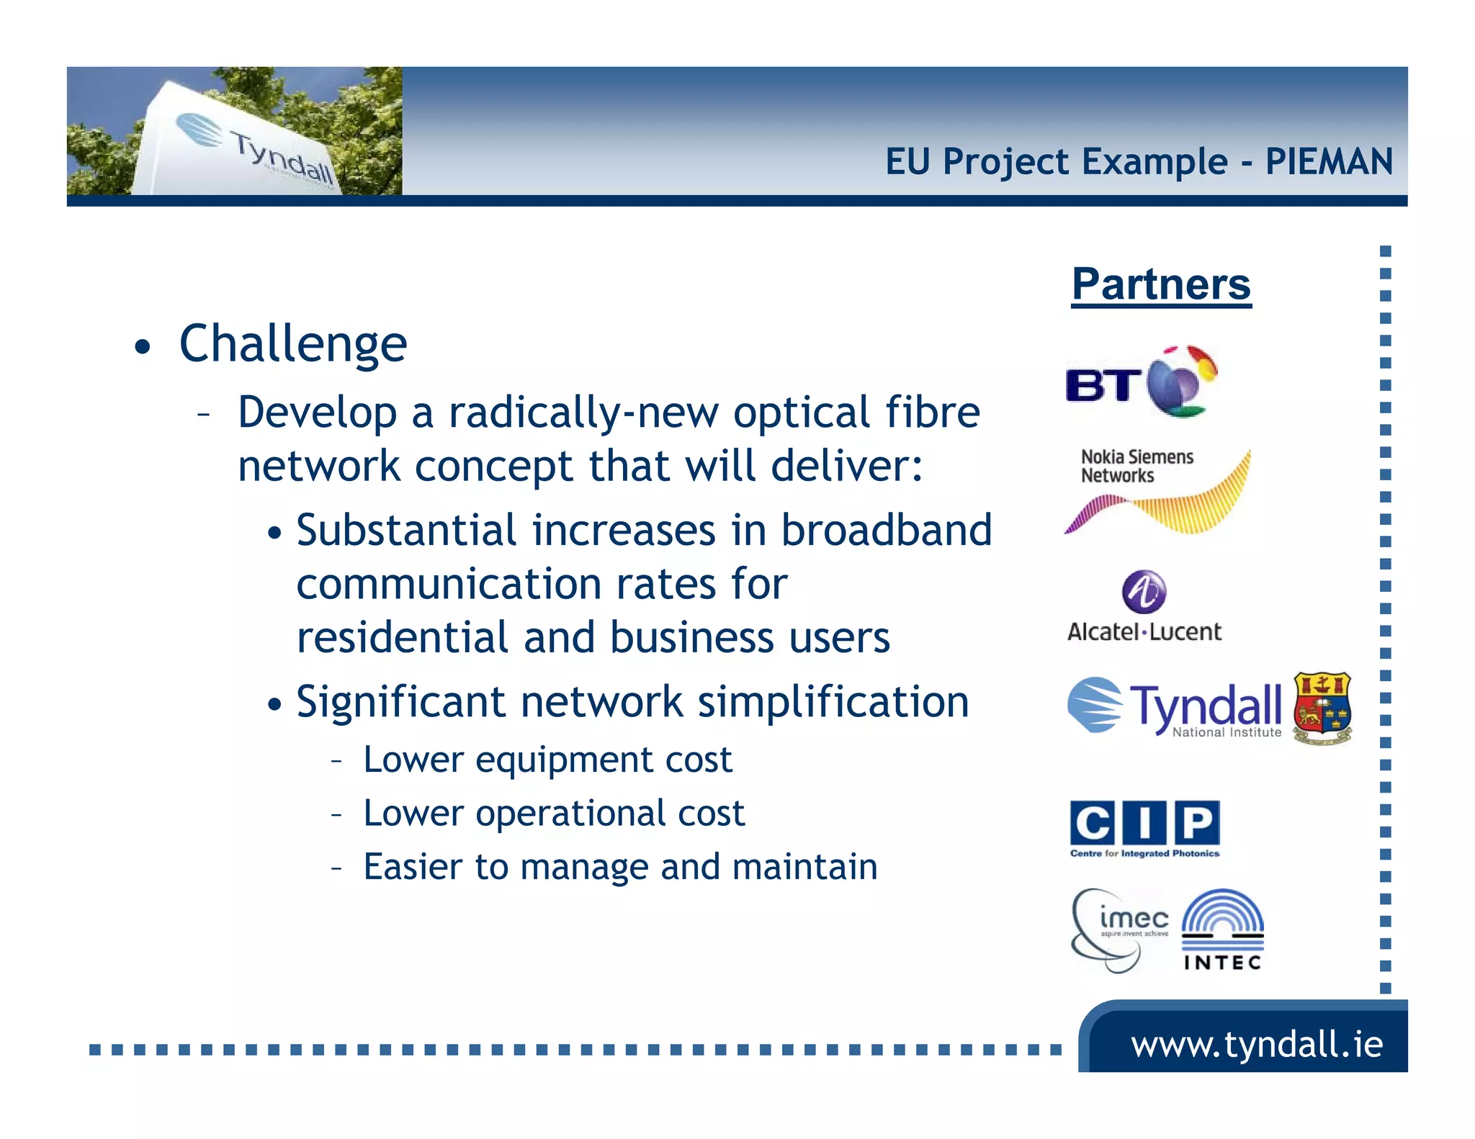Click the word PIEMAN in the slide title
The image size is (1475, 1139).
click(1329, 161)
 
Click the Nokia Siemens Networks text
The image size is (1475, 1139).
click(1136, 466)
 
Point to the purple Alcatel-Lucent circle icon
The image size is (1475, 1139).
click(1144, 591)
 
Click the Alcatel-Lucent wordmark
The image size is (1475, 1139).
click(1144, 632)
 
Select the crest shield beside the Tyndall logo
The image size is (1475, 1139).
click(1322, 708)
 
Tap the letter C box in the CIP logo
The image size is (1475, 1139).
click(1092, 822)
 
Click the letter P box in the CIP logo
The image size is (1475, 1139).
click(1197, 822)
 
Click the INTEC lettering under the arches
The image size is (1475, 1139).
click(1222, 963)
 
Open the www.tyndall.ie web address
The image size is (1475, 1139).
click(1257, 1044)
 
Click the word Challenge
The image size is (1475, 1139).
click(293, 344)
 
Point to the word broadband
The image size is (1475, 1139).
click(887, 531)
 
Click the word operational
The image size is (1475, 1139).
click(570, 814)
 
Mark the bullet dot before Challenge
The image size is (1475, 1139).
click(143, 348)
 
